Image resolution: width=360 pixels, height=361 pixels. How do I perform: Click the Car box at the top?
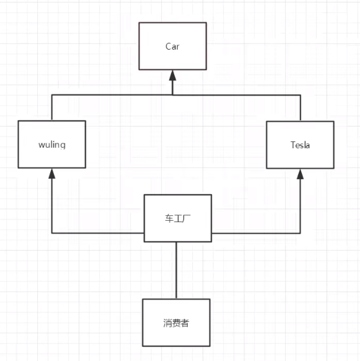click(x=172, y=47)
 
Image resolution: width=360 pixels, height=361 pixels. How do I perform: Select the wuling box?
click(x=52, y=145)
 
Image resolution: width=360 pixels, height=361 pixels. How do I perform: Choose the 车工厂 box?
click(x=177, y=218)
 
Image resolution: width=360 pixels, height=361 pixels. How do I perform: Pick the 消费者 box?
click(x=176, y=323)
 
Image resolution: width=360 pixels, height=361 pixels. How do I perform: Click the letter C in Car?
click(x=168, y=47)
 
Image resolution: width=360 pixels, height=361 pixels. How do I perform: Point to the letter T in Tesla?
click(x=292, y=145)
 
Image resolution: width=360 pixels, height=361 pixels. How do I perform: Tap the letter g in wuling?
click(x=63, y=146)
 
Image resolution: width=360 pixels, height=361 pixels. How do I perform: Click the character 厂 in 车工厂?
click(x=185, y=218)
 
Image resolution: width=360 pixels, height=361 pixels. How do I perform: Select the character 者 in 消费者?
click(x=185, y=323)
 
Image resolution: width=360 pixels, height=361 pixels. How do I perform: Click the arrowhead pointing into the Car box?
click(x=173, y=75)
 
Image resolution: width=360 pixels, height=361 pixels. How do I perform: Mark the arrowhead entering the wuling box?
click(x=51, y=174)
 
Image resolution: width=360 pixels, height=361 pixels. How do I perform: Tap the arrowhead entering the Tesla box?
click(x=301, y=174)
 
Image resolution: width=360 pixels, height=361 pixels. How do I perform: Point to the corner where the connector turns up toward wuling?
click(x=51, y=233)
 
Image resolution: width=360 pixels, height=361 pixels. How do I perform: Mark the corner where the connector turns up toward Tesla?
click(x=301, y=233)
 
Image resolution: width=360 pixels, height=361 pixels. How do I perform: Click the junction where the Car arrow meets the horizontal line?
click(x=173, y=95)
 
